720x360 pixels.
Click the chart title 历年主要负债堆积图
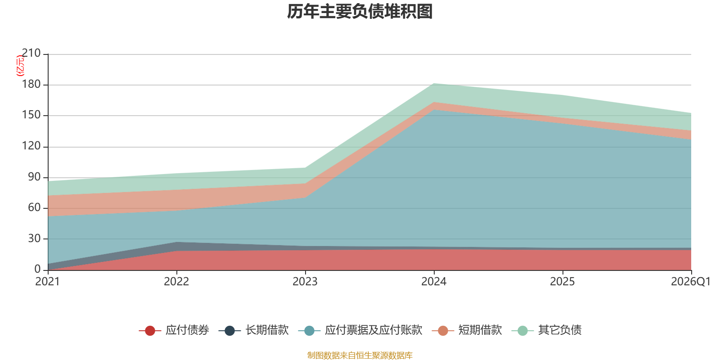pyautogui.click(x=360, y=12)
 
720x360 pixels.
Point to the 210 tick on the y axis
pyautogui.click(x=31, y=53)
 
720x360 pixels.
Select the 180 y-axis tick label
pyautogui.click(x=31, y=84)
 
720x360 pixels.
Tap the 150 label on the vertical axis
pyautogui.click(x=31, y=115)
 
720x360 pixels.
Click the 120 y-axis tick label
pyautogui.click(x=31, y=146)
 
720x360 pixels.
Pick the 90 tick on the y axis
pyautogui.click(x=34, y=177)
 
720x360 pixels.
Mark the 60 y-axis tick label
pyautogui.click(x=34, y=207)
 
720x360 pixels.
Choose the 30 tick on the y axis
pyautogui.click(x=34, y=238)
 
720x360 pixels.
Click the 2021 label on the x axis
pyautogui.click(x=48, y=282)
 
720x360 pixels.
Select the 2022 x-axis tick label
pyautogui.click(x=176, y=282)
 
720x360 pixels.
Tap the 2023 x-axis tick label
pyautogui.click(x=305, y=282)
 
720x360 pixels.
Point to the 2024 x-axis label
pyautogui.click(x=434, y=282)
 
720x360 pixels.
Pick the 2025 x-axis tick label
pyautogui.click(x=562, y=282)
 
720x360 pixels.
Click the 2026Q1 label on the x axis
pyautogui.click(x=691, y=282)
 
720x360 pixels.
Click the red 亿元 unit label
pyautogui.click(x=20, y=66)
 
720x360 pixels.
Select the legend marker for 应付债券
pyautogui.click(x=150, y=330)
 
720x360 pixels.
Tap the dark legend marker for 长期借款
pyautogui.click(x=230, y=330)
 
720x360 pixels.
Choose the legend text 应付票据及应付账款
pyautogui.click(x=373, y=330)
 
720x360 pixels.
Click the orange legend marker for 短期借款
pyautogui.click(x=443, y=330)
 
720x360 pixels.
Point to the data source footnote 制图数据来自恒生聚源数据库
pyautogui.click(x=360, y=355)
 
